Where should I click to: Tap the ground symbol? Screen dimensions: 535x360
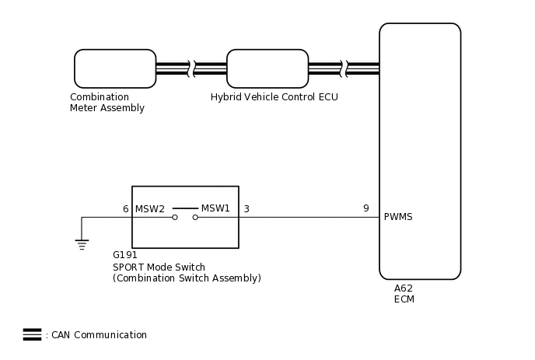pyautogui.click(x=82, y=245)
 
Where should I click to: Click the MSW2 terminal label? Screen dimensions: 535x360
pyautogui.click(x=150, y=209)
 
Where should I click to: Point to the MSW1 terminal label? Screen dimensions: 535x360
pyautogui.click(x=215, y=208)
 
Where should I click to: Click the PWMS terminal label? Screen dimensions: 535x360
pyautogui.click(x=398, y=217)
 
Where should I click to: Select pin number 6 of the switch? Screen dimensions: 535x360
pyautogui.click(x=125, y=209)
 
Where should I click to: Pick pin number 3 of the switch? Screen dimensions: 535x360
pyautogui.click(x=247, y=209)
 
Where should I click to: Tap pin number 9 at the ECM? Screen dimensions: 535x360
pyautogui.click(x=366, y=208)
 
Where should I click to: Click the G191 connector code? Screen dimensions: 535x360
pyautogui.click(x=125, y=255)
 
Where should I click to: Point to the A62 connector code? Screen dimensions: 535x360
pyautogui.click(x=404, y=288)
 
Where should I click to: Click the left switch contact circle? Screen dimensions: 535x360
pyautogui.click(x=175, y=218)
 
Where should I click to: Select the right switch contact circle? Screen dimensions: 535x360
pyautogui.click(x=195, y=218)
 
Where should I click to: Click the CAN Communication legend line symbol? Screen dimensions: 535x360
pyautogui.click(x=33, y=334)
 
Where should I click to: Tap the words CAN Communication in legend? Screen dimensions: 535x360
pyautogui.click(x=99, y=335)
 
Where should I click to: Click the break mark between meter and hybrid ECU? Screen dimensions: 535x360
pyautogui.click(x=191, y=68)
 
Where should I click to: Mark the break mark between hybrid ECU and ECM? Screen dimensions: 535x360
pyautogui.click(x=344, y=68)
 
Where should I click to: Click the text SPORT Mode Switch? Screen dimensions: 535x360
pyautogui.click(x=159, y=267)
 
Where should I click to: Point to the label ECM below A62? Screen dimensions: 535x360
pyautogui.click(x=404, y=299)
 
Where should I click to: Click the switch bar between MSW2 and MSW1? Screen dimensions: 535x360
pyautogui.click(x=185, y=208)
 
